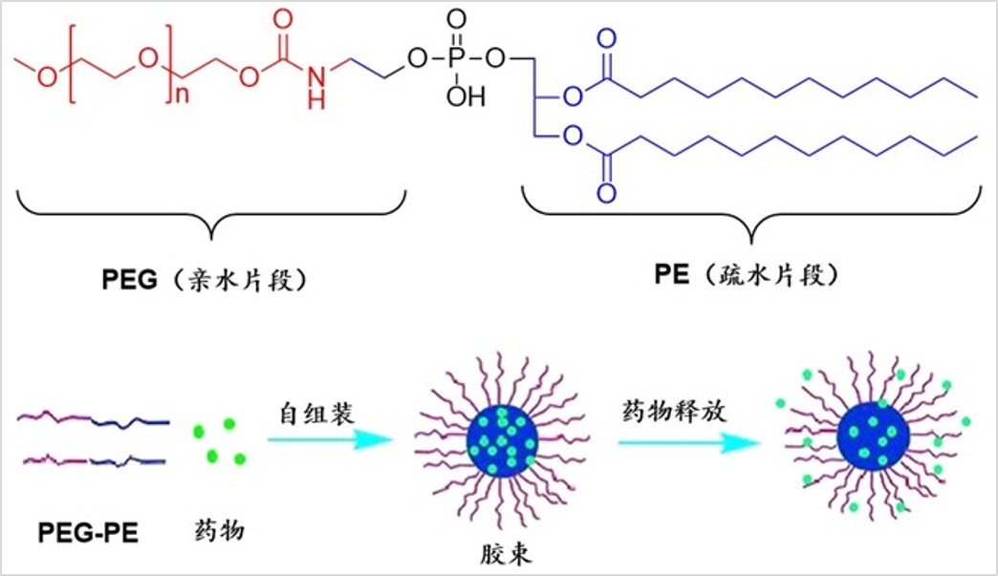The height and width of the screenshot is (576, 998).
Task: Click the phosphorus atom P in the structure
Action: click(x=456, y=58)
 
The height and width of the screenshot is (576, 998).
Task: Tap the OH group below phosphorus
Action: click(x=466, y=96)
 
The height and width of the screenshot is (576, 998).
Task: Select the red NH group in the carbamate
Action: click(x=316, y=87)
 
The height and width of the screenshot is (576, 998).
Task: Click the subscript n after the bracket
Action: click(x=182, y=96)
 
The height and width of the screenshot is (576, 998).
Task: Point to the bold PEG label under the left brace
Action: click(x=129, y=280)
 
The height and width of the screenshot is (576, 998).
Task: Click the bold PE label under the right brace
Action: click(x=671, y=275)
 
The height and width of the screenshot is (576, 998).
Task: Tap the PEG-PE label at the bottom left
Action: click(x=88, y=533)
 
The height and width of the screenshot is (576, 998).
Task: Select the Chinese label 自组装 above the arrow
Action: click(x=316, y=414)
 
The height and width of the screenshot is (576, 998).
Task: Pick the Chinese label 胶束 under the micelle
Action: click(x=506, y=554)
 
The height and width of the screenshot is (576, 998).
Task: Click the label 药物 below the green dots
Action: click(x=219, y=529)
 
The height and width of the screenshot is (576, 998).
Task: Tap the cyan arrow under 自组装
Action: click(x=330, y=440)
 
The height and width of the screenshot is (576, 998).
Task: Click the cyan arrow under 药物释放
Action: click(x=689, y=442)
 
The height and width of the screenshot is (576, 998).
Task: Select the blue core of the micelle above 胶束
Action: click(x=502, y=440)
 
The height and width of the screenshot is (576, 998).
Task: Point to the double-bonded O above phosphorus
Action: click(x=456, y=19)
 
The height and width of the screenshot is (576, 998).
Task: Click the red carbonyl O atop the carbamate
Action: click(x=283, y=18)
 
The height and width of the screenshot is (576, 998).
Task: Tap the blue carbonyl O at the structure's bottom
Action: click(x=607, y=193)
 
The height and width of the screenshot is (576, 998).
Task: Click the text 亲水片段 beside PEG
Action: click(x=243, y=280)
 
